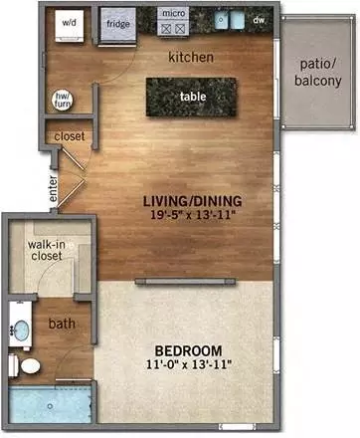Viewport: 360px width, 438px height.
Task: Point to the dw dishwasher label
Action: pos(259,19)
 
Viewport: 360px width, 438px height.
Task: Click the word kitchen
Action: pos(191,57)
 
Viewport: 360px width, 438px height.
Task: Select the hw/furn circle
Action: pos(62,98)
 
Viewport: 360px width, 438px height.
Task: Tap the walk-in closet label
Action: pos(46,250)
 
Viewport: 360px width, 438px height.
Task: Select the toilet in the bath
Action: pos(30,367)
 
